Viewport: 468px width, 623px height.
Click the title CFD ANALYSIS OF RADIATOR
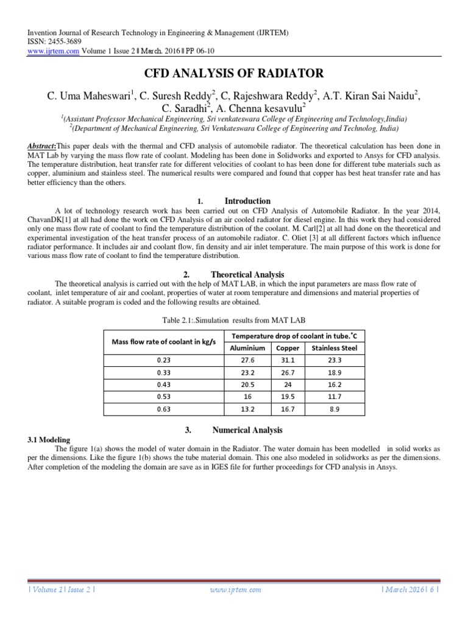tap(233, 74)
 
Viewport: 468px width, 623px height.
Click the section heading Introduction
tap(247, 201)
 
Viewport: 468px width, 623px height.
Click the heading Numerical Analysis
tap(247, 430)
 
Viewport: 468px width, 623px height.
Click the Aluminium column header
tap(247, 348)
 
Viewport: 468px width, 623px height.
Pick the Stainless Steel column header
tap(334, 348)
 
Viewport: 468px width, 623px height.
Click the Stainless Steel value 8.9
tap(334, 409)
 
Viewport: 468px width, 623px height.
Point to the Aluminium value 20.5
tap(247, 385)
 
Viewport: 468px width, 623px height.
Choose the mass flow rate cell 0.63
tap(164, 409)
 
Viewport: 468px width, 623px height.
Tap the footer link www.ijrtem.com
tap(235, 590)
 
